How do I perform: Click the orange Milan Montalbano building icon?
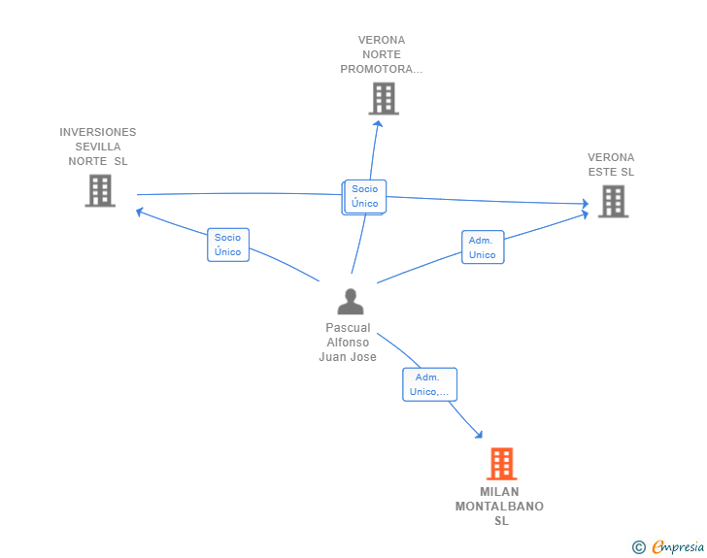(501, 463)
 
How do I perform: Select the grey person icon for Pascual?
(351, 302)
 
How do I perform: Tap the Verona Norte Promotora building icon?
(384, 98)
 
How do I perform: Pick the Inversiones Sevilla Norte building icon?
(100, 190)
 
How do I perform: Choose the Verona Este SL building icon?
(613, 202)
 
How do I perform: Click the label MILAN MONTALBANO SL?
(499, 507)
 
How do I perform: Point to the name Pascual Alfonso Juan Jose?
(348, 343)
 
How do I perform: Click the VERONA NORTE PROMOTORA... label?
(382, 54)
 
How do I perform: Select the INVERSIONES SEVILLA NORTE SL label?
(98, 147)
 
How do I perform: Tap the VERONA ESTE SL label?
(611, 165)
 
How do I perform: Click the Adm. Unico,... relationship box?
(429, 384)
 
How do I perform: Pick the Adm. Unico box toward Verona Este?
(483, 247)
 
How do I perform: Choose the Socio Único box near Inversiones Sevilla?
(228, 245)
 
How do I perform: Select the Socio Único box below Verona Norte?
(365, 197)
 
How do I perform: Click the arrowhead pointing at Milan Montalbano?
(479, 435)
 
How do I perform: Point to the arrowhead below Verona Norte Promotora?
(379, 123)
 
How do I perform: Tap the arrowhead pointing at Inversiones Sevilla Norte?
(140, 212)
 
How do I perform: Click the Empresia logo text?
(678, 546)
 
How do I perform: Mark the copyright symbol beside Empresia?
(638, 547)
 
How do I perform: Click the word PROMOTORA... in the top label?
(382, 69)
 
